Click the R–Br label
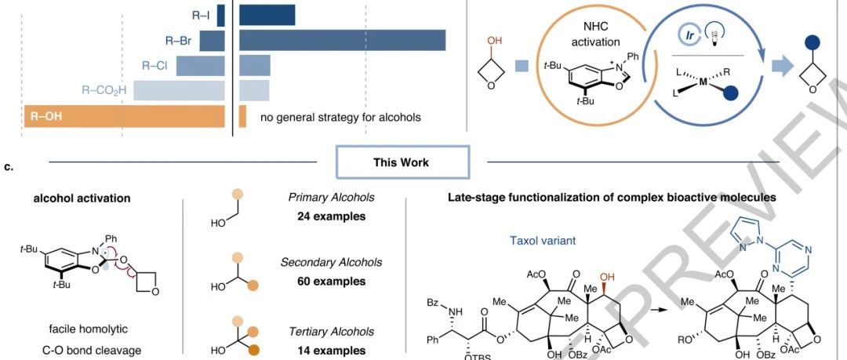(178, 40)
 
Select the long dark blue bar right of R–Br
(343, 41)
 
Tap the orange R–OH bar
(124, 116)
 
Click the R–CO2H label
(104, 90)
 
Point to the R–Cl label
(154, 66)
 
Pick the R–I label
(201, 16)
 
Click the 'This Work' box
(402, 162)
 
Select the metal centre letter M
(703, 82)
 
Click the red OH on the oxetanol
(494, 41)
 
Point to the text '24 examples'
(331, 216)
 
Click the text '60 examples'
(331, 281)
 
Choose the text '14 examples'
(331, 351)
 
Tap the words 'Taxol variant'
(543, 241)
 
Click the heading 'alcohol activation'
(82, 198)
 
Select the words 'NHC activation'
(596, 34)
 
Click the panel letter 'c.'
(8, 166)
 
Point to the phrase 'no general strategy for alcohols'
(340, 117)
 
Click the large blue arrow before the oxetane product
(781, 67)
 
